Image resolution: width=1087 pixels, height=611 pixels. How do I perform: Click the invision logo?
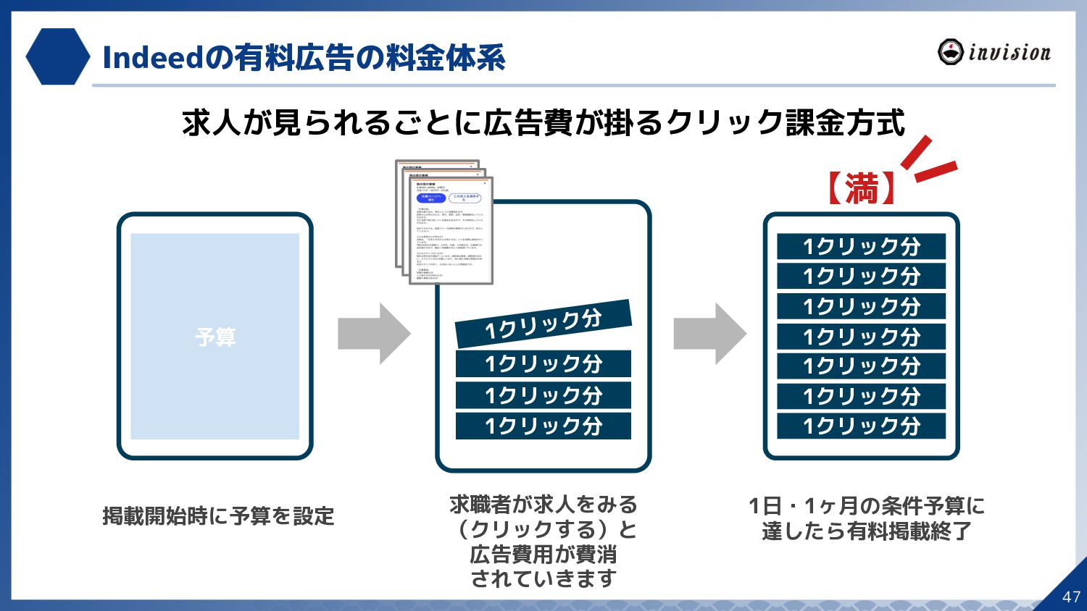click(x=994, y=52)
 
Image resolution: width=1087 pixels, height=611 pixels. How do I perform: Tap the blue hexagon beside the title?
click(x=57, y=56)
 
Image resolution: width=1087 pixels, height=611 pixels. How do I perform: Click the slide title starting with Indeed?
click(x=304, y=58)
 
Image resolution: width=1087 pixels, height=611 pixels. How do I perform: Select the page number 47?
click(x=1071, y=597)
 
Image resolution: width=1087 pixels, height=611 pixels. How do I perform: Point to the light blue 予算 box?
click(x=215, y=336)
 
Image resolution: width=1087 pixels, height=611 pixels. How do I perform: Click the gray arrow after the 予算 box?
click(x=374, y=334)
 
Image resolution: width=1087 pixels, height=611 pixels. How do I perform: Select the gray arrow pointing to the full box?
click(x=709, y=334)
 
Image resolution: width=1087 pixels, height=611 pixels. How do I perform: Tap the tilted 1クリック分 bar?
click(x=543, y=323)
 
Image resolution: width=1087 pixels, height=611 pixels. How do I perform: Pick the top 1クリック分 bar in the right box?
click(x=861, y=246)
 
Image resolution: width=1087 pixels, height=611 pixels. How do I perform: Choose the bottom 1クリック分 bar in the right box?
click(x=861, y=426)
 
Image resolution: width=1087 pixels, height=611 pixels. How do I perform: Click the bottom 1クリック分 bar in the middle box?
click(x=543, y=426)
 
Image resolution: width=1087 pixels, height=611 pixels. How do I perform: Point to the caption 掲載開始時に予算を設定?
click(x=218, y=516)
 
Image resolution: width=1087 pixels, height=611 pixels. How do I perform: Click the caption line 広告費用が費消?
click(x=543, y=554)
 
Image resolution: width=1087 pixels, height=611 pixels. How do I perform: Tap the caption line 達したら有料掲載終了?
click(x=867, y=531)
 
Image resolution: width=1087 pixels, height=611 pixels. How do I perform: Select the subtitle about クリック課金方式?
click(x=543, y=123)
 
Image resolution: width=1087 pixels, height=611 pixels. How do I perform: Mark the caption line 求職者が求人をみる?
click(x=543, y=505)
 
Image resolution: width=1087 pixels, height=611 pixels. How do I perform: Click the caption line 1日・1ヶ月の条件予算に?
click(x=867, y=505)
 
